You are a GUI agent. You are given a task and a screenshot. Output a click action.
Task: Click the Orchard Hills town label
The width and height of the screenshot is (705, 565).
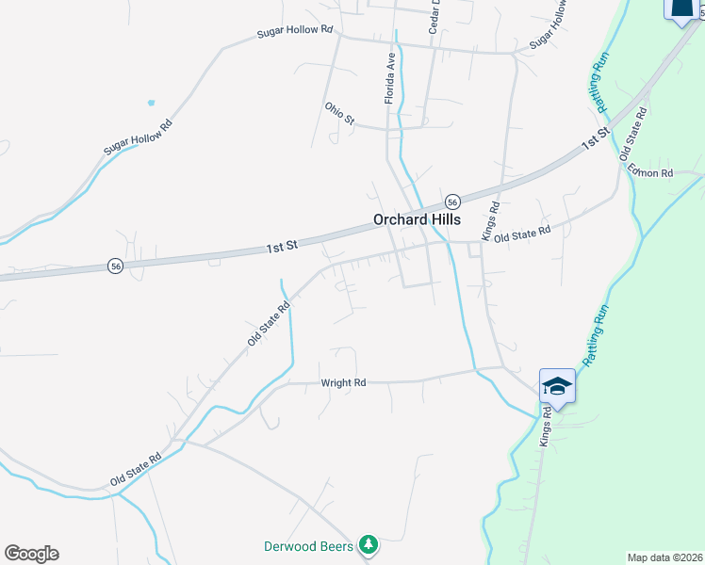(x=417, y=218)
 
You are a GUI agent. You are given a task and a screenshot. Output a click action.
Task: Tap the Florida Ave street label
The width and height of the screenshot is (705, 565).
(x=389, y=77)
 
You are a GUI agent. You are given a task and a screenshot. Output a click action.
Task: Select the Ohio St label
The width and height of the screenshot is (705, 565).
(x=338, y=113)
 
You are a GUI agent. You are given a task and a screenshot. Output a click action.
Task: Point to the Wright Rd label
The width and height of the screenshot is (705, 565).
(x=343, y=383)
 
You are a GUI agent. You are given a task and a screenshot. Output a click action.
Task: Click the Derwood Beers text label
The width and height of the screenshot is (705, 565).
(x=308, y=546)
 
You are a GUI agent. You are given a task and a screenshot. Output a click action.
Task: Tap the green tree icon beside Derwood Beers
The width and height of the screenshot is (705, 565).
(x=369, y=545)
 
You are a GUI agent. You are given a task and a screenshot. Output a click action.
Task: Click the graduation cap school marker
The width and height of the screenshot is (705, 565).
(x=556, y=386)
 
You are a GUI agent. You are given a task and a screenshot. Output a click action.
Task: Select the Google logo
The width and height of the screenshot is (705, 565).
(x=31, y=554)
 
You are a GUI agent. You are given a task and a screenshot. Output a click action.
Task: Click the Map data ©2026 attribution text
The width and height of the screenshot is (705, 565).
(x=665, y=557)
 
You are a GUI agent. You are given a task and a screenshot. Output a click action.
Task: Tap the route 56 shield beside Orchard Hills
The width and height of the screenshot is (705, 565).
(x=452, y=202)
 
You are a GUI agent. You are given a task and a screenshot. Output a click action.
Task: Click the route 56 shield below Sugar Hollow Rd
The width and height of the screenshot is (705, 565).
(x=114, y=266)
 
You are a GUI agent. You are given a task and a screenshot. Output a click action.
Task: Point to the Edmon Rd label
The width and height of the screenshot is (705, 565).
(x=651, y=173)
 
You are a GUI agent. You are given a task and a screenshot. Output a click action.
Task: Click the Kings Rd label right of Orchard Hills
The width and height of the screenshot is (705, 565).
(x=490, y=220)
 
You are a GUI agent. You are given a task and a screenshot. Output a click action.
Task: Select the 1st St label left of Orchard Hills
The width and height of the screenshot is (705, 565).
(x=282, y=245)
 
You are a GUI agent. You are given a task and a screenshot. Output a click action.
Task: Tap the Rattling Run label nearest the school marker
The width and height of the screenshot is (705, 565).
(x=596, y=334)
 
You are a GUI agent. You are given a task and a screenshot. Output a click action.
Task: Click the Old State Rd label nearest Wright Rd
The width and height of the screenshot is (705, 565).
(x=268, y=323)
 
